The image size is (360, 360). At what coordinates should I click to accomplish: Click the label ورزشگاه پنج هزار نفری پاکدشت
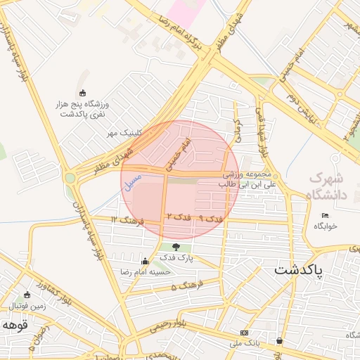(84, 108)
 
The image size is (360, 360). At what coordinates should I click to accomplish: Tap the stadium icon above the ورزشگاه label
(83, 93)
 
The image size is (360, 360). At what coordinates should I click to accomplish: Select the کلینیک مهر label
(124, 132)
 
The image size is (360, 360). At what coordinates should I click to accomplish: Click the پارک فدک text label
(176, 259)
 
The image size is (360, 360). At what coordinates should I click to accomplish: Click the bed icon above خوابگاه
(324, 215)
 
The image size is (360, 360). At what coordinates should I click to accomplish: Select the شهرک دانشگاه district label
(327, 187)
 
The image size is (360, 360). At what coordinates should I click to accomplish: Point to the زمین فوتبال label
(28, 307)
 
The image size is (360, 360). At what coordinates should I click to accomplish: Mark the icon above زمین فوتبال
(27, 295)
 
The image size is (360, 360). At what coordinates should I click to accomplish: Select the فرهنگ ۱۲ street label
(127, 221)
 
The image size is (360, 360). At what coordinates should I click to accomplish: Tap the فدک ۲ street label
(178, 218)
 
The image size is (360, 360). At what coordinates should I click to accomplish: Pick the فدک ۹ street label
(211, 219)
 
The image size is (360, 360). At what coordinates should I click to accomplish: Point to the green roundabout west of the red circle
(70, 178)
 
